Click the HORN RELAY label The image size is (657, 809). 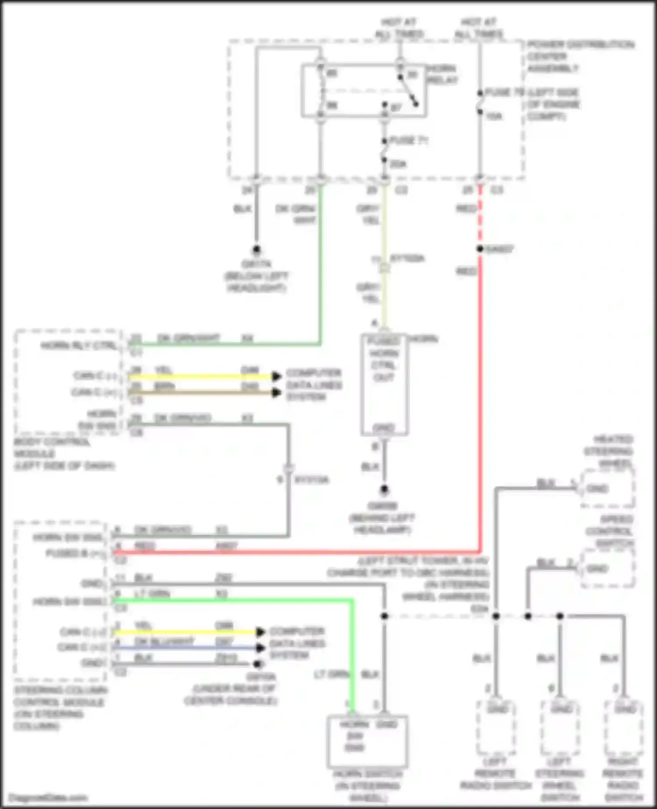point(442,75)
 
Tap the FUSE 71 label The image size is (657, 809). point(408,141)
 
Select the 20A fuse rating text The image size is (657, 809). point(398,164)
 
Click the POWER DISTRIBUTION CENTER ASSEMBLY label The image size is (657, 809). point(580,57)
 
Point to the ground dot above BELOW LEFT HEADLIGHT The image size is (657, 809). point(257,250)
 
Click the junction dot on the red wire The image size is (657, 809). point(480,249)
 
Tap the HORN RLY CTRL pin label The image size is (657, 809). point(79,346)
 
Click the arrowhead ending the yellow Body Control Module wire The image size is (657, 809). point(276,376)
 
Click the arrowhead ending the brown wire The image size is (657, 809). point(276,392)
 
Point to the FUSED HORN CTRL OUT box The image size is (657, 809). point(384,384)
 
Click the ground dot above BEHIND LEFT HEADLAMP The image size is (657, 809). point(384,490)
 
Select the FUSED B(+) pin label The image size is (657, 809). point(75,554)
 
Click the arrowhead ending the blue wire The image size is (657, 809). point(261,648)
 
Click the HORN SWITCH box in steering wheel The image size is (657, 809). point(367,741)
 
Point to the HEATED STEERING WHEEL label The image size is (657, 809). point(609,451)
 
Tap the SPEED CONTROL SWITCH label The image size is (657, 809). point(610,531)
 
